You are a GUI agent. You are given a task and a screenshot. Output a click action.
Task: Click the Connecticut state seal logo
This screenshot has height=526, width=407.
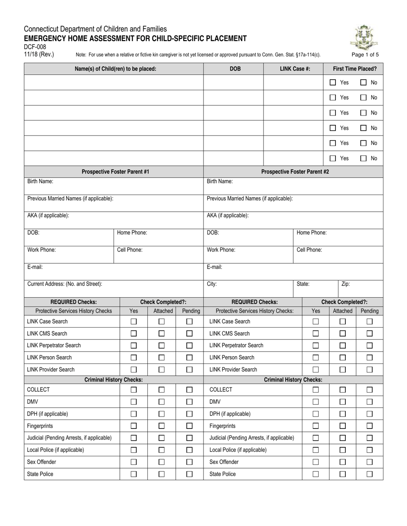(364, 38)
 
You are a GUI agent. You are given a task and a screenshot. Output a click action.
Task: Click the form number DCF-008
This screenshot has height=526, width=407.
(35, 47)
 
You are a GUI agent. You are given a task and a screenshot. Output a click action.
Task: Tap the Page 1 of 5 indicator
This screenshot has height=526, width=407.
(365, 55)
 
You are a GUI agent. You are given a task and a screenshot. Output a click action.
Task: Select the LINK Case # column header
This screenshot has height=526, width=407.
(295, 68)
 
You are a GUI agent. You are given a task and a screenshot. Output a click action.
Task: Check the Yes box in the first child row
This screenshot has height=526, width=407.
(333, 82)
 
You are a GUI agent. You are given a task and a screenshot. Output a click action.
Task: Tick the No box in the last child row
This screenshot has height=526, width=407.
(363, 158)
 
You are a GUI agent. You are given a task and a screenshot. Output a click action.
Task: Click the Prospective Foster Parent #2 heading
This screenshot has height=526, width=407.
(295, 172)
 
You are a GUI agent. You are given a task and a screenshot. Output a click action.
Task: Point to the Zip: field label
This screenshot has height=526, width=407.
(346, 284)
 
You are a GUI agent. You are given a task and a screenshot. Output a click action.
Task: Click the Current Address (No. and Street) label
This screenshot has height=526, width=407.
(65, 284)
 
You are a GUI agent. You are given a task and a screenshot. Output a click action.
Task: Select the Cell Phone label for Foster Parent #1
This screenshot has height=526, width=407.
(130, 250)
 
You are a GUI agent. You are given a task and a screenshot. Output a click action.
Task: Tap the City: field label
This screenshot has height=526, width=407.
(212, 284)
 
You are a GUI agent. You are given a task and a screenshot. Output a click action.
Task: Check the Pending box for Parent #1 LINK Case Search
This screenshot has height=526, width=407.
(189, 322)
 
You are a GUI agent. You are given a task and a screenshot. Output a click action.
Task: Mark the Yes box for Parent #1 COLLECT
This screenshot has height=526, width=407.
(134, 390)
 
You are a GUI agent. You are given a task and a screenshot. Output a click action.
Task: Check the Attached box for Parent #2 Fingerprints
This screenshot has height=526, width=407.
(343, 426)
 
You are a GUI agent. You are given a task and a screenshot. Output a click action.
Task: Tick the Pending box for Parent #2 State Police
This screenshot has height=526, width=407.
(370, 474)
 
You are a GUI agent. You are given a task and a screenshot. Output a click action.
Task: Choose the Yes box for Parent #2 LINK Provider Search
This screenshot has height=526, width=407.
(316, 369)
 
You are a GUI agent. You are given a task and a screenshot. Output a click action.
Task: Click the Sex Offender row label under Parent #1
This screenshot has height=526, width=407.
(42, 462)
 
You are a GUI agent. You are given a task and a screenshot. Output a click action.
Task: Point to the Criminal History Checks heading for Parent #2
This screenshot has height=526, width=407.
(293, 380)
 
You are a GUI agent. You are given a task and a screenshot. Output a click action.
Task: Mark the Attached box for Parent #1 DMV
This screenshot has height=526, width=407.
(162, 402)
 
